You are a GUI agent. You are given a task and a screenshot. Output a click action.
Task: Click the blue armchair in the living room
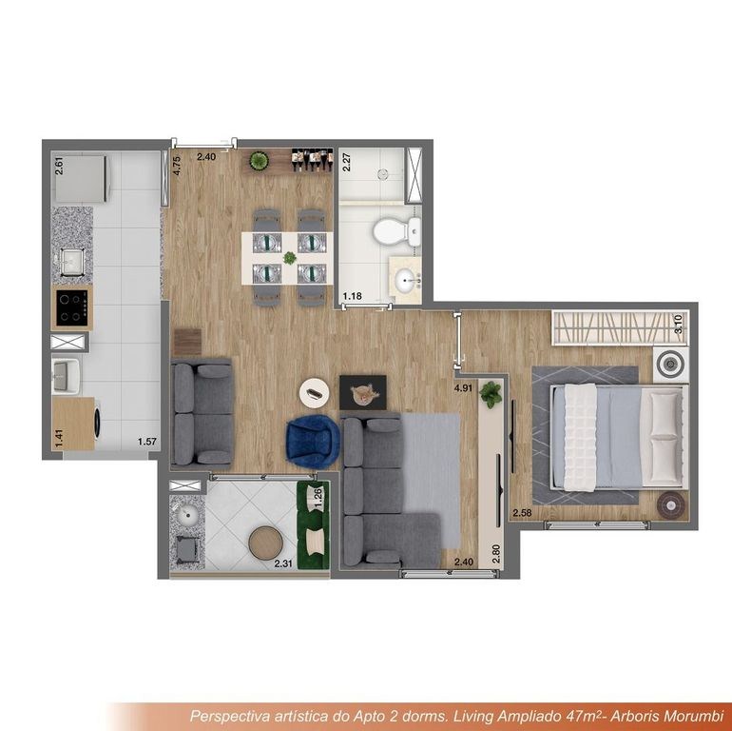(x=313, y=442)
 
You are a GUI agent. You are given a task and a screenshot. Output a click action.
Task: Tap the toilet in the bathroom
(x=397, y=231)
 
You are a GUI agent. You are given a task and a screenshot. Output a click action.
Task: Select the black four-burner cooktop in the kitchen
(x=72, y=307)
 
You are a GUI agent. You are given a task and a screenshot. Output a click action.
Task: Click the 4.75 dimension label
(x=177, y=166)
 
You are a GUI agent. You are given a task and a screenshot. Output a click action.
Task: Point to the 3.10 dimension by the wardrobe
(x=679, y=324)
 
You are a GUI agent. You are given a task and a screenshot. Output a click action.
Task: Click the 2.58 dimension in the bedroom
(x=522, y=513)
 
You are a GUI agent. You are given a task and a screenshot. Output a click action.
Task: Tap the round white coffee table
(x=315, y=393)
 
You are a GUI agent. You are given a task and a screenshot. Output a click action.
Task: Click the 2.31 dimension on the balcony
(x=283, y=563)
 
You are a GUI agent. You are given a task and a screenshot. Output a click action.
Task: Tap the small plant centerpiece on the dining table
(x=290, y=258)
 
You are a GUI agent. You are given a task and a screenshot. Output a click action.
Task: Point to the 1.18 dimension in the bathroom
(x=353, y=296)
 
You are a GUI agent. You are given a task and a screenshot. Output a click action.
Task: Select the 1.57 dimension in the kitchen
(x=147, y=442)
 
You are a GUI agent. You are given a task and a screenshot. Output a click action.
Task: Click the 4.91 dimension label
(x=464, y=387)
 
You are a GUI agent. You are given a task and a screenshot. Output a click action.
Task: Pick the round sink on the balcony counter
(x=187, y=514)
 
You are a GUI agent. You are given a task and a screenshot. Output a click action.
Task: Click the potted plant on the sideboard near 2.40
(x=259, y=161)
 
